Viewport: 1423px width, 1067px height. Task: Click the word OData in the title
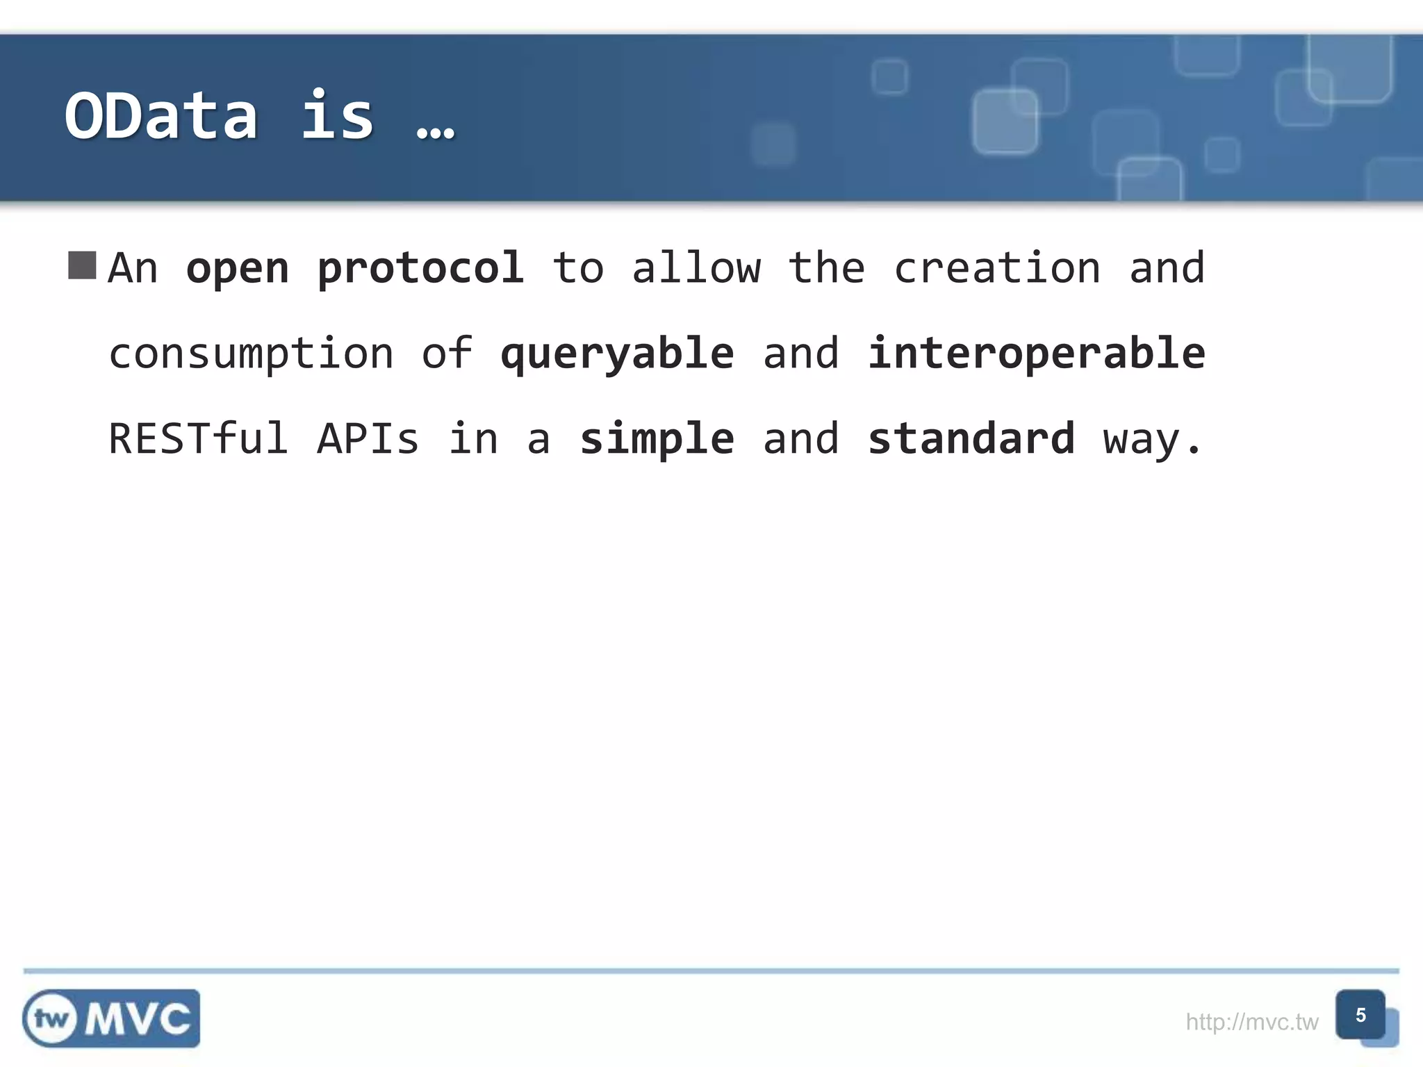point(161,116)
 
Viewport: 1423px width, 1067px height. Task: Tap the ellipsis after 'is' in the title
point(436,131)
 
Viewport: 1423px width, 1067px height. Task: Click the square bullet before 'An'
point(82,265)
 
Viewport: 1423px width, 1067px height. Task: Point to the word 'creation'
point(997,268)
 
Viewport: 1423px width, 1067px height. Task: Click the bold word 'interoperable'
point(1036,353)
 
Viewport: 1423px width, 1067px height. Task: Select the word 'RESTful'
point(199,439)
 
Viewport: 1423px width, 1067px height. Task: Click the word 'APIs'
point(368,439)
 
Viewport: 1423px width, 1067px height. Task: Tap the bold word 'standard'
point(971,439)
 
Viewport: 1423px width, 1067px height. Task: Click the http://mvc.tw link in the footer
point(1251,1022)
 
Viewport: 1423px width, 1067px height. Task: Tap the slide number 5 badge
point(1360,1015)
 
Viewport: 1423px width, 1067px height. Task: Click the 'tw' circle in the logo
point(52,1019)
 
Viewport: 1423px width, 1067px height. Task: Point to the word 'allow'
point(696,268)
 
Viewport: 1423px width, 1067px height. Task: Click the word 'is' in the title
point(338,116)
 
